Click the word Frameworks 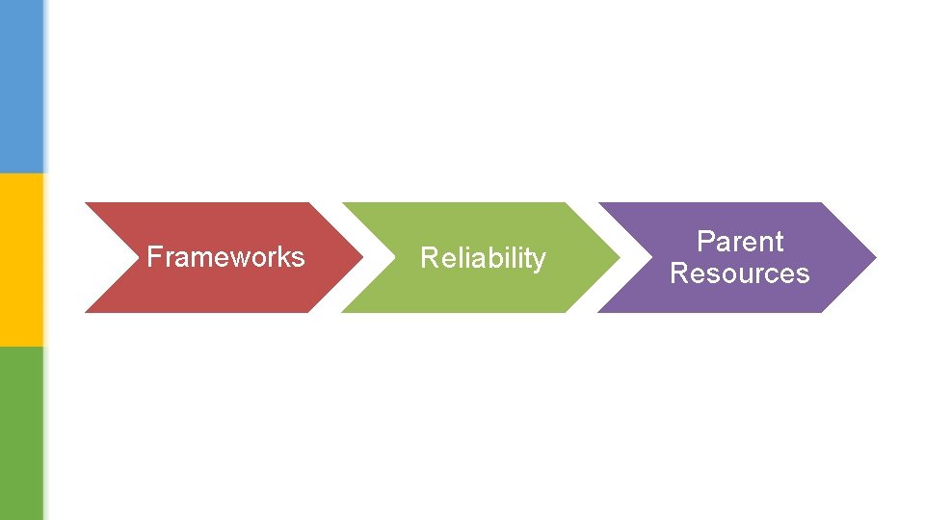(x=225, y=257)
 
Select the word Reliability (x=483, y=258)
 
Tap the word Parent (x=740, y=241)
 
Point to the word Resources (x=740, y=273)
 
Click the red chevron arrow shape (x=193, y=289)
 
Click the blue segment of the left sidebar (x=21, y=87)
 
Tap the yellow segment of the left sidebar (x=21, y=260)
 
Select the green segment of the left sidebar (x=21, y=433)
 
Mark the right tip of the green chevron (x=618, y=257)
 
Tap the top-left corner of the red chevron (x=87, y=203)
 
